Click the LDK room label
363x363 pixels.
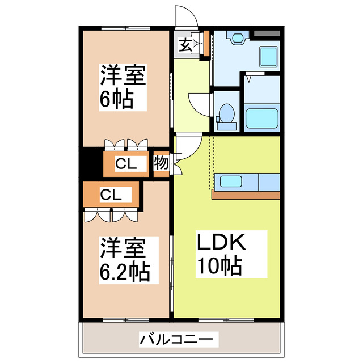[x=221, y=243]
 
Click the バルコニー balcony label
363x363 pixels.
[x=177, y=340]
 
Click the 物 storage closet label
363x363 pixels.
[x=161, y=164]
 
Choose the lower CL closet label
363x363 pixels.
[x=110, y=195]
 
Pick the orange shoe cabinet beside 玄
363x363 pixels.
[x=206, y=45]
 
